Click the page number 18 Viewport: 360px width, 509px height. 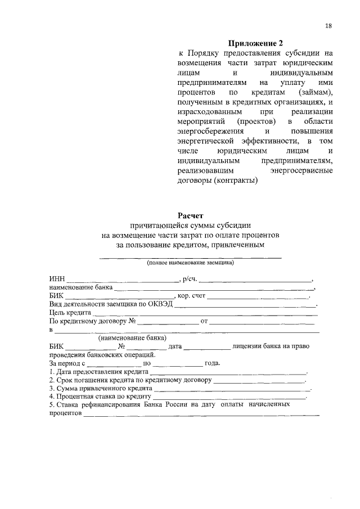point(328,26)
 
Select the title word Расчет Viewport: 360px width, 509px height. point(191,215)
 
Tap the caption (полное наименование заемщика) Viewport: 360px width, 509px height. point(190,262)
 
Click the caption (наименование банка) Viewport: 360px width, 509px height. point(132,339)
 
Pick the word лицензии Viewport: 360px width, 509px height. point(253,346)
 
